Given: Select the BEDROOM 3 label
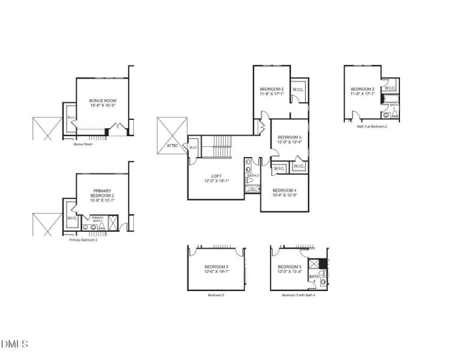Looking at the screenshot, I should click(x=289, y=137).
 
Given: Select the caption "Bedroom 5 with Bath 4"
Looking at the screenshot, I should click(x=298, y=295).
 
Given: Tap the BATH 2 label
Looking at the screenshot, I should click(x=252, y=176).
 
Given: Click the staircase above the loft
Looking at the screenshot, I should click(x=216, y=147).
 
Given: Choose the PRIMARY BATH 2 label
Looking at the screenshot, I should click(x=97, y=219).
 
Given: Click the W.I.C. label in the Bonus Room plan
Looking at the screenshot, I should click(x=71, y=118).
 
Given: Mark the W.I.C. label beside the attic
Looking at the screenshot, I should click(x=193, y=148).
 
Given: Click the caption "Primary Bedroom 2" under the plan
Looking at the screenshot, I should click(x=83, y=240).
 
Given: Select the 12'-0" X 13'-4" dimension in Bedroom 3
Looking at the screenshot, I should click(x=289, y=143).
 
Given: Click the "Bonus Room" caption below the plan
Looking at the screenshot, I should click(x=83, y=145).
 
